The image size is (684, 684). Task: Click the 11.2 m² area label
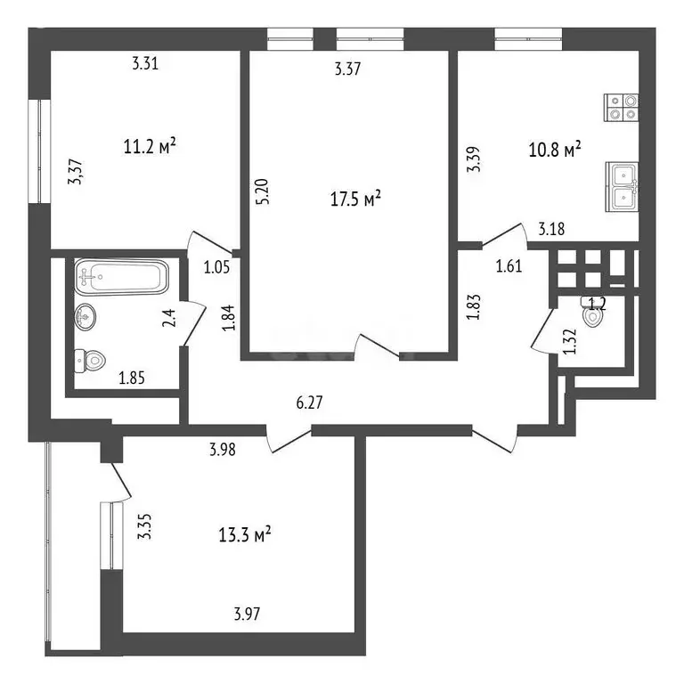click(149, 146)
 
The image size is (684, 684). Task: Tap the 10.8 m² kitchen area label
click(554, 148)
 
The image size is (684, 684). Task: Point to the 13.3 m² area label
click(244, 534)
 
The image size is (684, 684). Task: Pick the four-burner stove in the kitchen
click(622, 108)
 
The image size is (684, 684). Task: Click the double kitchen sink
click(623, 185)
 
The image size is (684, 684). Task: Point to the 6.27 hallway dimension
click(309, 402)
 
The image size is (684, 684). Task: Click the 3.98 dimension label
click(223, 450)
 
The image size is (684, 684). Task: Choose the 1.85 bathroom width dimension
click(134, 378)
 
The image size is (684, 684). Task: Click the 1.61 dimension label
click(509, 264)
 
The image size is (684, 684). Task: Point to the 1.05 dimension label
click(216, 265)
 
